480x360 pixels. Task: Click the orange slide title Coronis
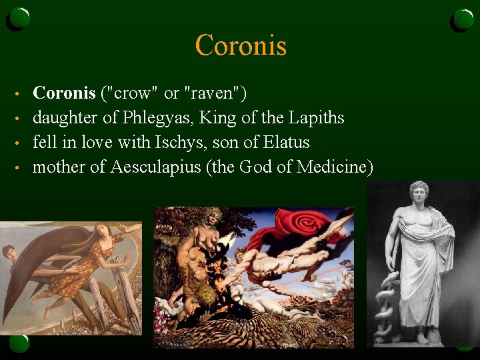click(241, 46)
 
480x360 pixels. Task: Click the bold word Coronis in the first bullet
click(63, 93)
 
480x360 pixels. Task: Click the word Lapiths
click(317, 118)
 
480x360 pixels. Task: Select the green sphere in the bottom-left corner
click(19, 343)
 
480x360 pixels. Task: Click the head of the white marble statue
click(419, 193)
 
